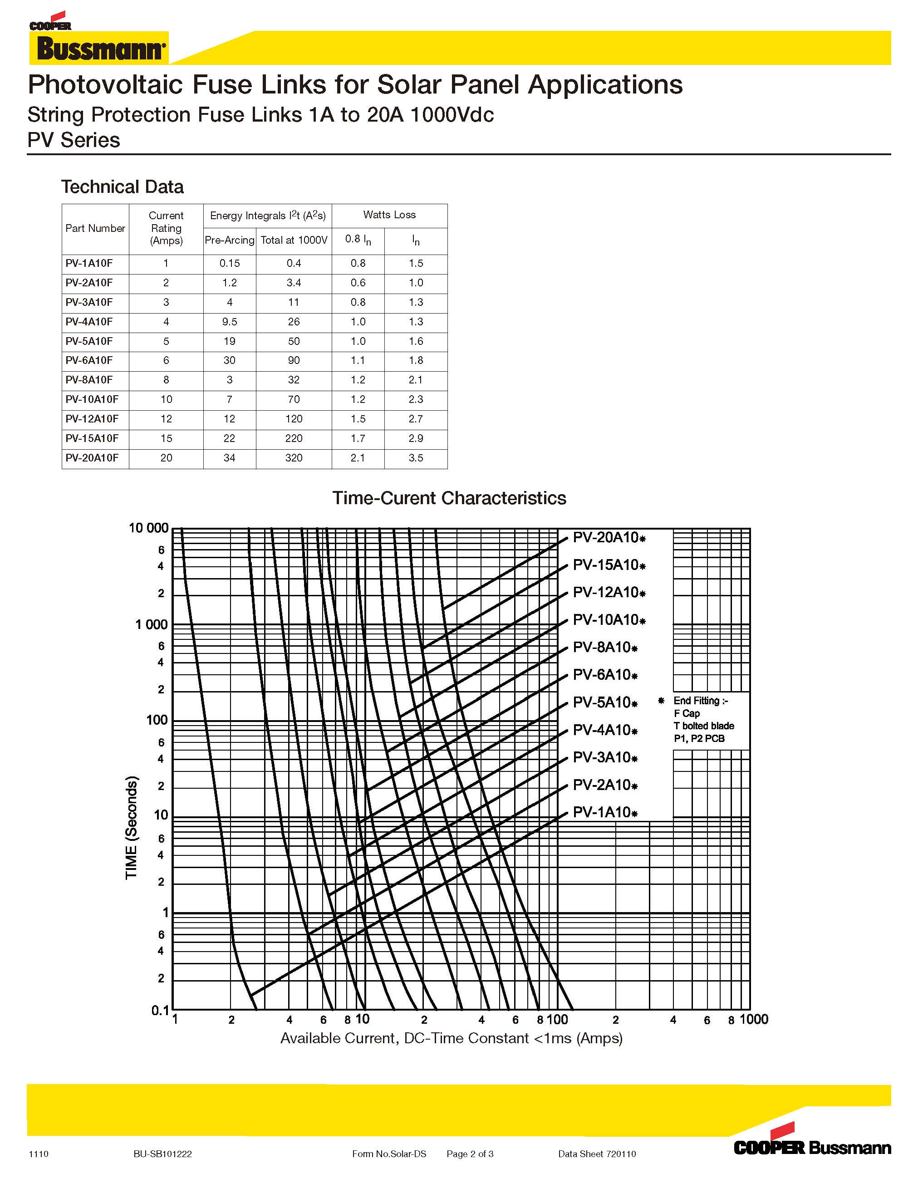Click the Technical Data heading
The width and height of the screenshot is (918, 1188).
pyautogui.click(x=123, y=187)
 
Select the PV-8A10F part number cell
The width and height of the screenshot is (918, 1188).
pyautogui.click(x=89, y=380)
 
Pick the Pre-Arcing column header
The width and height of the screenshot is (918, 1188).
pyautogui.click(x=230, y=240)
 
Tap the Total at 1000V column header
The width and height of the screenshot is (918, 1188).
pyautogui.click(x=294, y=240)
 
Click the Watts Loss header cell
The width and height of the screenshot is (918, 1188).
pyautogui.click(x=389, y=215)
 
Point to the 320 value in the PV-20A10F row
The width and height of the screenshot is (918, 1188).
pyautogui.click(x=294, y=458)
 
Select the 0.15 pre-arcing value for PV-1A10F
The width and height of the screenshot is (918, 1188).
pyautogui.click(x=230, y=263)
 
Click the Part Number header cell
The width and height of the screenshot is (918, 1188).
pyautogui.click(x=95, y=228)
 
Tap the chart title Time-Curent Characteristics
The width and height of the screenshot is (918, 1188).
pyautogui.click(x=449, y=498)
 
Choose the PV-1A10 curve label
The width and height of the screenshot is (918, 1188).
pyautogui.click(x=605, y=812)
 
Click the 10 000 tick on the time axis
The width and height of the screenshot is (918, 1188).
pyautogui.click(x=148, y=528)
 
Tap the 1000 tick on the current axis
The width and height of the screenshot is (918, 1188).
pyautogui.click(x=754, y=1019)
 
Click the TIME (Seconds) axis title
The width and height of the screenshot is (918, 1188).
pyautogui.click(x=132, y=827)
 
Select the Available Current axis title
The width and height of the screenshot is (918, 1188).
pyautogui.click(x=452, y=1038)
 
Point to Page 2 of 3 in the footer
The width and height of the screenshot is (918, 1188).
pyautogui.click(x=470, y=1154)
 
